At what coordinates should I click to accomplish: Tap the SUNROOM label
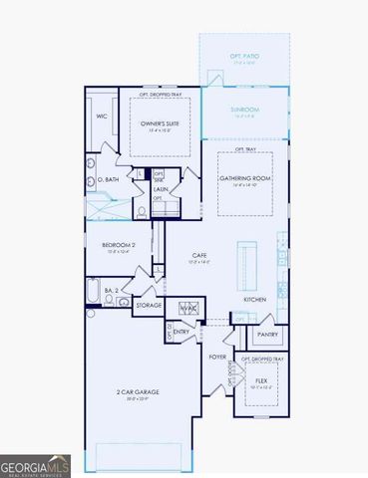244,110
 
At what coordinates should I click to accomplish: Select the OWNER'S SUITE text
157,122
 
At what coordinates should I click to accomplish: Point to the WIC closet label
101,117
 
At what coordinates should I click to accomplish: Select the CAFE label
199,256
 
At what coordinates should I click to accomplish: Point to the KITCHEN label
254,299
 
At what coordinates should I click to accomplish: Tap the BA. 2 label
112,290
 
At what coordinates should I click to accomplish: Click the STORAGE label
149,305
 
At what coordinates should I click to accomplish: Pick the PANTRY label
268,335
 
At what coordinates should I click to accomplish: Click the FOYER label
217,356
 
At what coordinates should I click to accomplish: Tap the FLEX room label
261,380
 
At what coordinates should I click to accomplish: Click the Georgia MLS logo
35,464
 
